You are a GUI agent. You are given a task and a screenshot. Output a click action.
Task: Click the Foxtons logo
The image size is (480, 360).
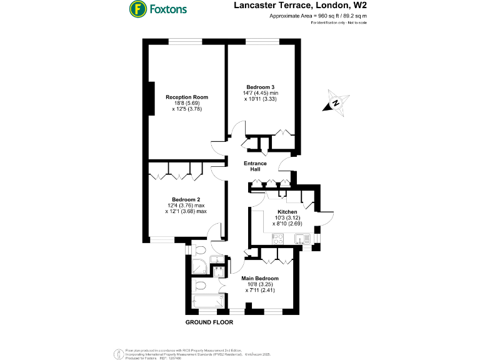point(158,9)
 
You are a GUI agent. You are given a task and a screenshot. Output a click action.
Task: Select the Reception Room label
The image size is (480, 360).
point(186,97)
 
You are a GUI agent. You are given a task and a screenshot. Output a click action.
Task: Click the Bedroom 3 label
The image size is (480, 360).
point(260,87)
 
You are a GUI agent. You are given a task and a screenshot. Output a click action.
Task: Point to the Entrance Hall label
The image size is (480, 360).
point(255,166)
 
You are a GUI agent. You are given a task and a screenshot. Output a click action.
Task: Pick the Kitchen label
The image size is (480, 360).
point(287,211)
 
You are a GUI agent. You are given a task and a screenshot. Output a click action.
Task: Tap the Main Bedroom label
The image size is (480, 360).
point(259,278)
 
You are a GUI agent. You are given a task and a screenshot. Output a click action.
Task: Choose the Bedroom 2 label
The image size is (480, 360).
point(186,199)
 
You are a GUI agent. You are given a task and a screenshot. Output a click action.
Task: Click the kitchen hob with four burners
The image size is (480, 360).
point(279,237)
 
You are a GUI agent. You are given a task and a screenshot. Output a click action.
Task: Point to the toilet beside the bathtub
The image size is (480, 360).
point(201,286)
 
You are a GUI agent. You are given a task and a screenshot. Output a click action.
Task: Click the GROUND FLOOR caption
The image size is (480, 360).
point(209,322)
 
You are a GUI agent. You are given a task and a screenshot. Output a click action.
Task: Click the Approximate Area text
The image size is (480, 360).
point(317,16)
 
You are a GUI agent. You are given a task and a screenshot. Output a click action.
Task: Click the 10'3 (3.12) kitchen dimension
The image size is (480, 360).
point(287,217)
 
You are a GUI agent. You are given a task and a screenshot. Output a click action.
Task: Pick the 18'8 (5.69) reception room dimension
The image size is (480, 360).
point(186,103)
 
